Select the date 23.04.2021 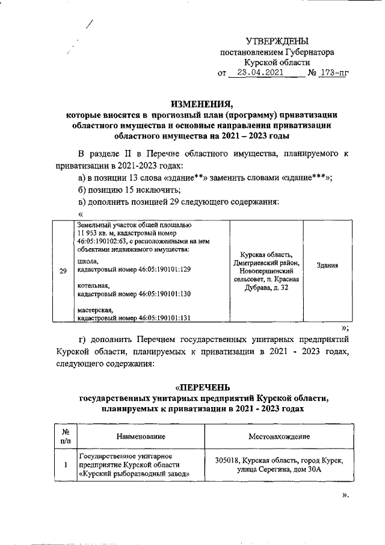point(259,73)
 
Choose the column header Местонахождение point(279,436)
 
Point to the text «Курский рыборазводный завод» point(135,474)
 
